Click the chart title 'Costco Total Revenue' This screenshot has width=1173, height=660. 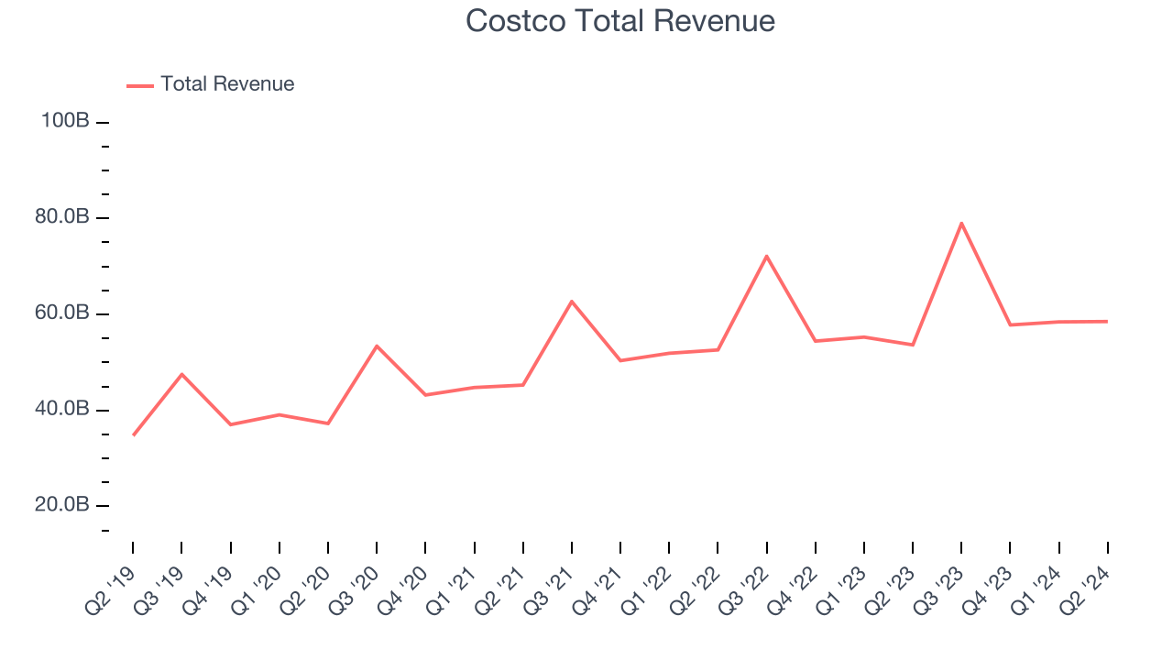click(x=620, y=21)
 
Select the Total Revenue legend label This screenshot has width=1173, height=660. click(x=227, y=84)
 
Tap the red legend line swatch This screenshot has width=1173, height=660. click(x=140, y=85)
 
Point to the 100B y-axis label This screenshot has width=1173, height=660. click(x=64, y=121)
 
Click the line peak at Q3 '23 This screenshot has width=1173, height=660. click(x=961, y=223)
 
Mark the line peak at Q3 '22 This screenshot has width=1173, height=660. click(x=766, y=256)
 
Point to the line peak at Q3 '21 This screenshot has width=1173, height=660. click(x=572, y=301)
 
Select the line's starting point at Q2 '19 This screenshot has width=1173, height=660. click(x=133, y=435)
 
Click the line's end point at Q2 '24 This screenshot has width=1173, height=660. click(x=1107, y=321)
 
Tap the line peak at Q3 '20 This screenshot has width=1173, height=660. click(x=377, y=346)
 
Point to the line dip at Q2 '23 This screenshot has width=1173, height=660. click(x=913, y=345)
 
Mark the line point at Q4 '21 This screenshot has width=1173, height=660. click(x=620, y=360)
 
